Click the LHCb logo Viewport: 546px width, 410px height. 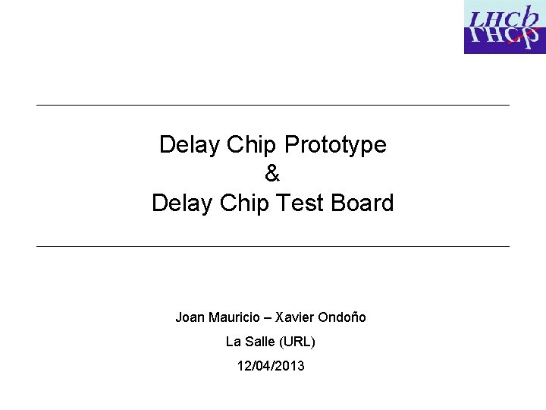click(x=504, y=27)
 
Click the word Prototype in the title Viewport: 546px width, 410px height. click(x=336, y=144)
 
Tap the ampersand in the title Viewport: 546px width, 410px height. click(x=272, y=174)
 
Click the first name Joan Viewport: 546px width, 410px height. click(x=190, y=317)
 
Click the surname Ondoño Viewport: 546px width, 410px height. click(x=344, y=317)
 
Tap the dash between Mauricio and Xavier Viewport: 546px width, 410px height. click(x=266, y=317)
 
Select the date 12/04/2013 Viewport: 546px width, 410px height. click(x=271, y=366)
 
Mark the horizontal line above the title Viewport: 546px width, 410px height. click(x=273, y=105)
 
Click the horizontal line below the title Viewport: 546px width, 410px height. click(x=273, y=246)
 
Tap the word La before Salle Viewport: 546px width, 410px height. click(x=234, y=342)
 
